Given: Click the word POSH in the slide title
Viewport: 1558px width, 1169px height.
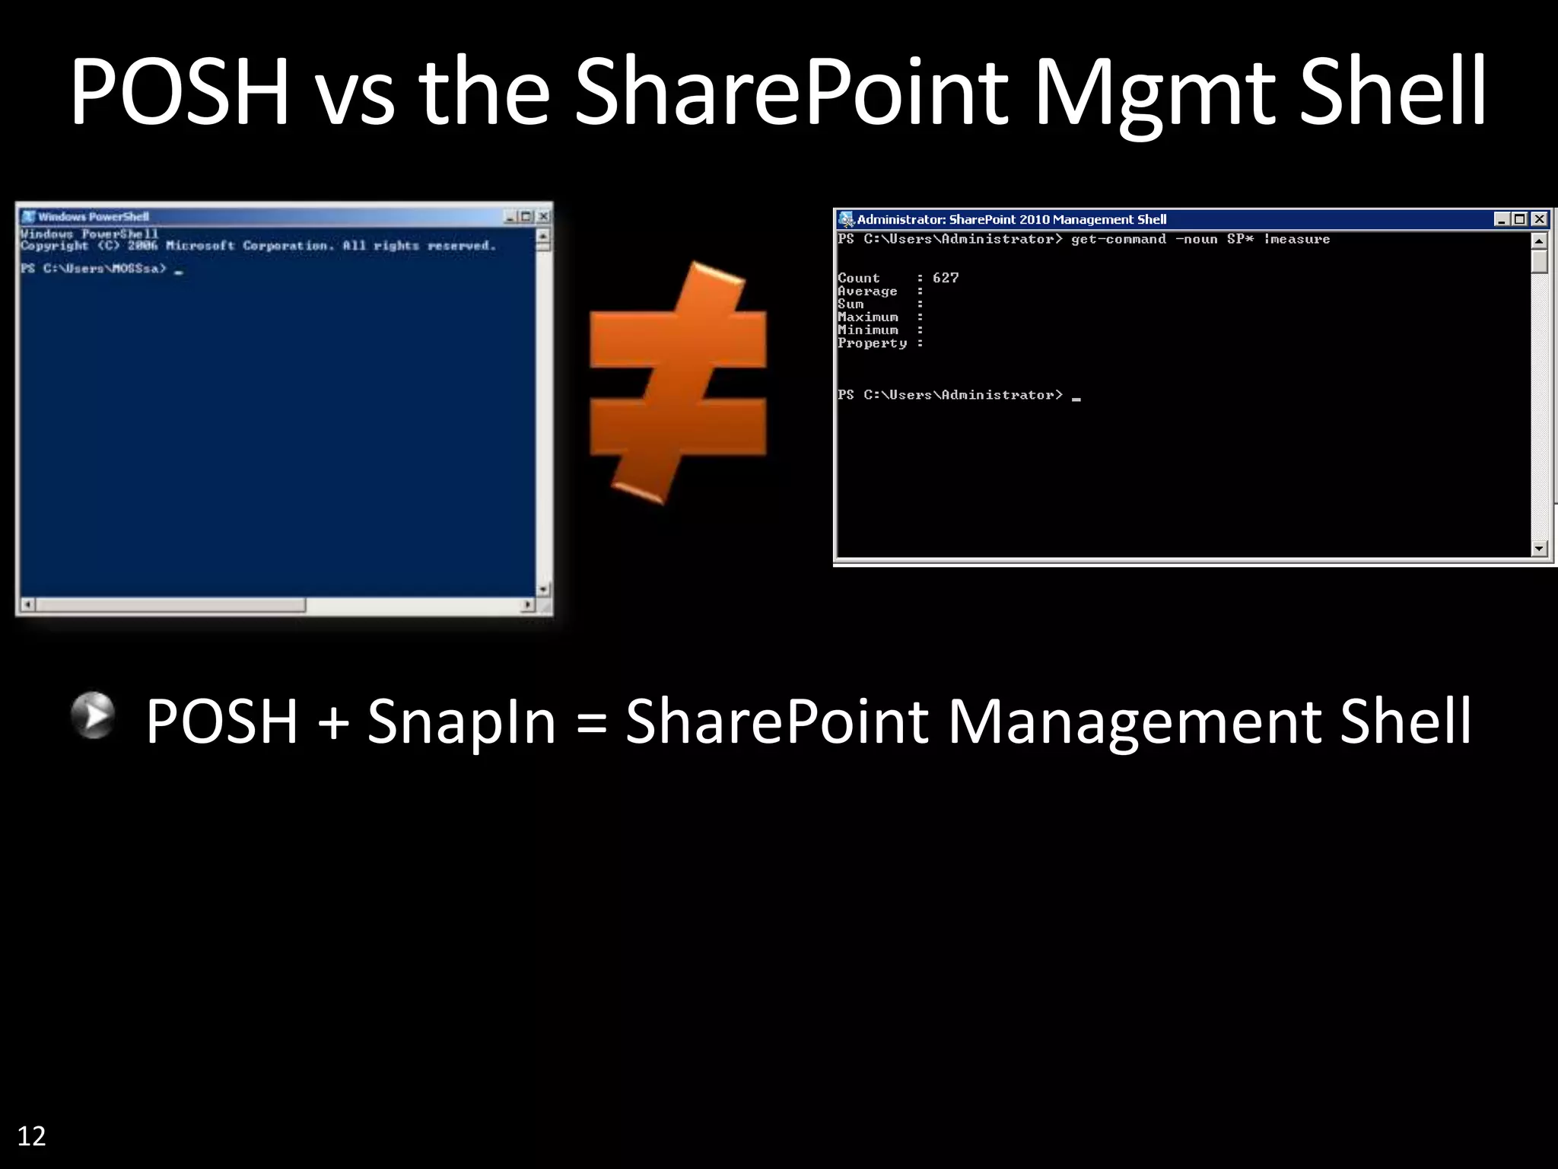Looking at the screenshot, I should click(x=180, y=93).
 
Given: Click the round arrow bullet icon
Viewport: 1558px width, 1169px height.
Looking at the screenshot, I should click(x=93, y=715).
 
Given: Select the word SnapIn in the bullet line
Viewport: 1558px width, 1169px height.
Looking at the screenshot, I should click(x=462, y=722).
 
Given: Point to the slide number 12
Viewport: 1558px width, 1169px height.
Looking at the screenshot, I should click(x=31, y=1136).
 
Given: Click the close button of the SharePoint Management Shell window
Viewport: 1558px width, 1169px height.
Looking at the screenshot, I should click(x=1539, y=219).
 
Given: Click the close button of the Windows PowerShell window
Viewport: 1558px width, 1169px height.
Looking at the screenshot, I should click(x=543, y=217).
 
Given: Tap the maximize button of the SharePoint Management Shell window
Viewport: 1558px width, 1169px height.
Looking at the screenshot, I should click(x=1520, y=219).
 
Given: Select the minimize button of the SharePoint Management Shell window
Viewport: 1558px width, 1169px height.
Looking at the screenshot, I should click(x=1502, y=219).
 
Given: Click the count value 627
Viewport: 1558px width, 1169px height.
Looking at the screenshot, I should click(x=946, y=279).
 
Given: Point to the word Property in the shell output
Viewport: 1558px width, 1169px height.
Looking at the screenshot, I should click(x=872, y=343).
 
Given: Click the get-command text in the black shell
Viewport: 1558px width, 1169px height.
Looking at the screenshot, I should click(x=1118, y=240).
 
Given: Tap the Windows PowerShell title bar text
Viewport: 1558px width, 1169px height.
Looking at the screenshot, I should click(x=94, y=217).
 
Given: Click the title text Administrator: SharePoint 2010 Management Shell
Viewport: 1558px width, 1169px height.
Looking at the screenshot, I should click(x=1011, y=220).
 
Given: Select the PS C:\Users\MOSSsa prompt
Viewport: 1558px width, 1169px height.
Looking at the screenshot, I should click(x=94, y=269).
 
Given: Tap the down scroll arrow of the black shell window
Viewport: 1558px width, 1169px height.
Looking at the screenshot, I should click(x=1539, y=548).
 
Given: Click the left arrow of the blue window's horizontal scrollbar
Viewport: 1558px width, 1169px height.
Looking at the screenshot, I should click(x=27, y=605).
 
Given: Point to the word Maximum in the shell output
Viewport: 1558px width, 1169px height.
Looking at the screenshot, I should click(x=868, y=317).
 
